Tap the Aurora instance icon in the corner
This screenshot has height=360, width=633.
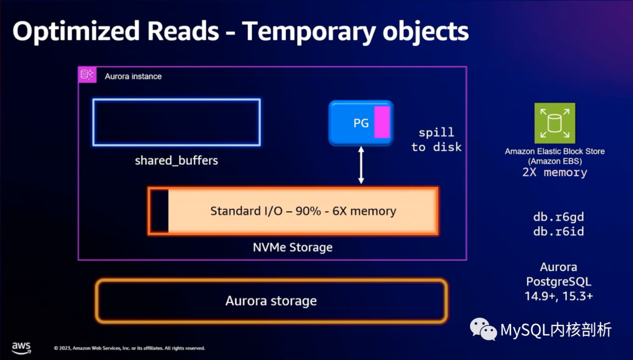point(87,74)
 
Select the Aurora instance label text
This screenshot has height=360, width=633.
point(133,76)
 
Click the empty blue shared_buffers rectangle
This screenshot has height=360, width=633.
point(176,122)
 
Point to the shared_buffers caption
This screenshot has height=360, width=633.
point(176,160)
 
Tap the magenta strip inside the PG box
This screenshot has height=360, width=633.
point(382,123)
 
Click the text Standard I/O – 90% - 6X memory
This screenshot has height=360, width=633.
point(303,211)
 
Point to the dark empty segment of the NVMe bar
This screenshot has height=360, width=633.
point(159,211)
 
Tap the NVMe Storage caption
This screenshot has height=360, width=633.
point(292,247)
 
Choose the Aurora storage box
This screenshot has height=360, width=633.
point(271,301)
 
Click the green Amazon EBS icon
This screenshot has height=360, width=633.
point(554,123)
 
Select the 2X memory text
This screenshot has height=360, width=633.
point(554,172)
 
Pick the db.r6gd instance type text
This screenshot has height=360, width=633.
point(558,216)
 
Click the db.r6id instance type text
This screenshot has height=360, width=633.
point(558,231)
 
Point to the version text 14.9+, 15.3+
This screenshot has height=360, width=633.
point(558,296)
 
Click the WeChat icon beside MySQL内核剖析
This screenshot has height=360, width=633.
point(485,330)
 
